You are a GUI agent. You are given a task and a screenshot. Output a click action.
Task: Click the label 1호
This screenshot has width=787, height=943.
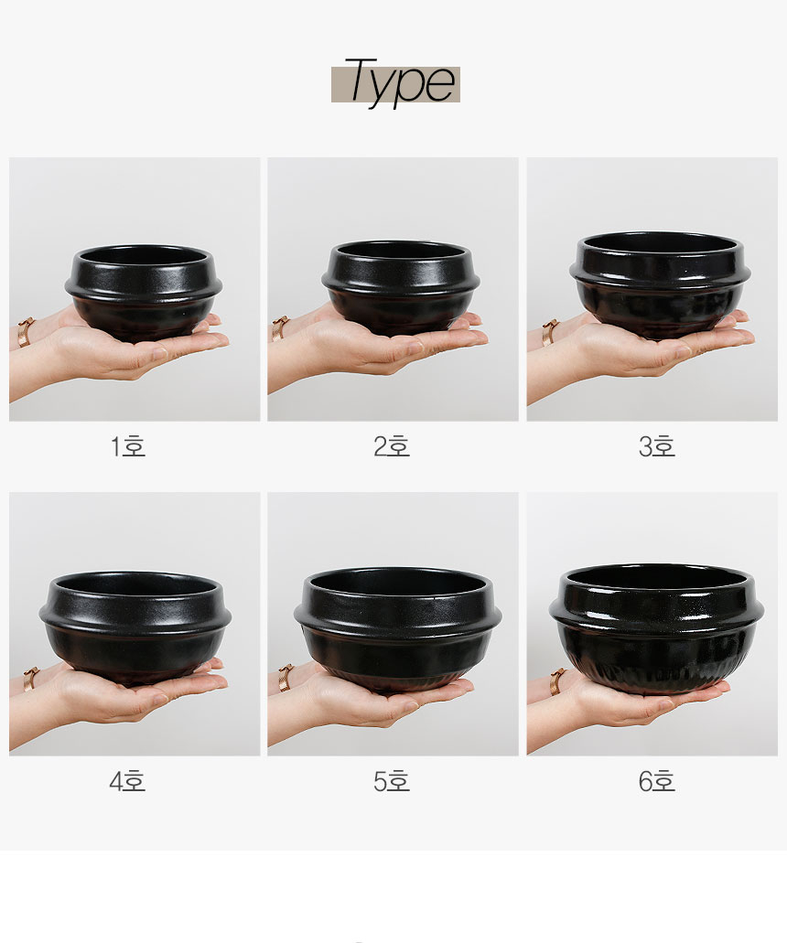pyautogui.click(x=128, y=446)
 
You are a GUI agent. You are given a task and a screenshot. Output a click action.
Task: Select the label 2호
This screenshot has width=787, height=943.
pyautogui.click(x=392, y=446)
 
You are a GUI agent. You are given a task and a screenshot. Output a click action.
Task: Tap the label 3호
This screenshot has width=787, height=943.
pyautogui.click(x=656, y=446)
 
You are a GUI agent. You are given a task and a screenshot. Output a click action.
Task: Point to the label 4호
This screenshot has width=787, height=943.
pyautogui.click(x=128, y=781)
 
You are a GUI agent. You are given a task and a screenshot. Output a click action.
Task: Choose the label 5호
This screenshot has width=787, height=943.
pyautogui.click(x=392, y=781)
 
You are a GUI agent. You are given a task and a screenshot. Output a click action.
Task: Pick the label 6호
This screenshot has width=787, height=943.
pyautogui.click(x=656, y=781)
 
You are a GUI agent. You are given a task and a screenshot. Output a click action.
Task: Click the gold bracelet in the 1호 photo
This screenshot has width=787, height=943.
pyautogui.click(x=26, y=331)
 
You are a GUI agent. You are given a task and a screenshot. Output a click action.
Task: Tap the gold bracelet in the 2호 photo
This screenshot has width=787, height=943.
pyautogui.click(x=280, y=328)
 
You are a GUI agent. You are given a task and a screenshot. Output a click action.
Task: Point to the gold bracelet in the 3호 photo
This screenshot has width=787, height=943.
pyautogui.click(x=550, y=331)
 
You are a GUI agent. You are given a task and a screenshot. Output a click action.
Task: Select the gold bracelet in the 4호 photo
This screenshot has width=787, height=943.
pyautogui.click(x=30, y=678)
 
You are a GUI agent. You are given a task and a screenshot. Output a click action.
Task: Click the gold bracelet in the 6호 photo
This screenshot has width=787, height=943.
pyautogui.click(x=556, y=681)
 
